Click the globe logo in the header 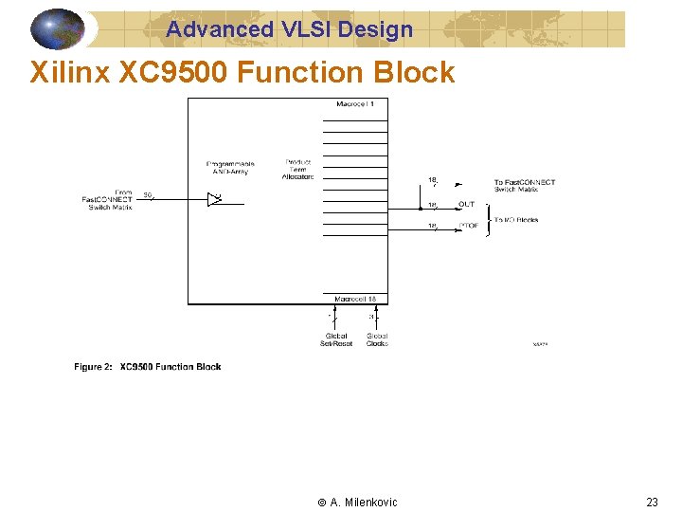coord(58,29)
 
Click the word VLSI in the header coord(303,29)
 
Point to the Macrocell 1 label coord(355,103)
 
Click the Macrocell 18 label coord(355,299)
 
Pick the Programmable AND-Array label coord(230,168)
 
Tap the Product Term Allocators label coord(298,169)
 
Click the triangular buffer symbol coord(214,199)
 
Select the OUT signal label coord(467,205)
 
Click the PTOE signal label coord(468,226)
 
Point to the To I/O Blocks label coord(515,220)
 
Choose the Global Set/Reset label coord(335,339)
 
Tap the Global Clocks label coord(377,339)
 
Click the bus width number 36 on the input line coord(148,195)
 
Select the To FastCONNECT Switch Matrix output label coord(524,186)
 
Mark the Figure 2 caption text coord(148,367)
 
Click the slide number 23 coord(652,503)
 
